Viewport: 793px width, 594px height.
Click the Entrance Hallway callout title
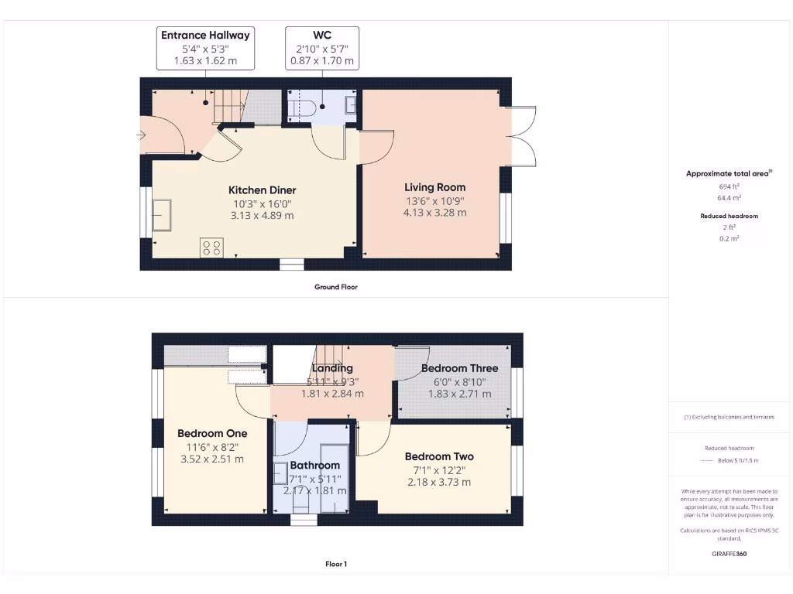[x=205, y=35]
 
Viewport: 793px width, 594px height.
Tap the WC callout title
[x=321, y=35]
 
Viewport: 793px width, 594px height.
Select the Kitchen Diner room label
[x=262, y=190]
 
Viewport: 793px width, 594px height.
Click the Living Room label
[x=434, y=187]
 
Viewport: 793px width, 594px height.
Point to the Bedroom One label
[x=211, y=433]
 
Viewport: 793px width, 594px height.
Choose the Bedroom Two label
[x=438, y=456]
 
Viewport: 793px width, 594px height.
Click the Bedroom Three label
[x=459, y=368]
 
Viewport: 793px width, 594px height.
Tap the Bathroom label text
[x=314, y=465]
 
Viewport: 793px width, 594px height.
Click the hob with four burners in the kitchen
[x=211, y=247]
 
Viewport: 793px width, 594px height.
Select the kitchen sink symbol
[x=163, y=214]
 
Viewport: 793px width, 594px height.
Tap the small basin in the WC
[x=351, y=105]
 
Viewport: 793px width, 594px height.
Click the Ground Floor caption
[x=335, y=287]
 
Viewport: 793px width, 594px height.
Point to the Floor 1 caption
[x=335, y=564]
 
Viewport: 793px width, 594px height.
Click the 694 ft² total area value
[x=730, y=187]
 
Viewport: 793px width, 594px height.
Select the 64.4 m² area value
[x=730, y=198]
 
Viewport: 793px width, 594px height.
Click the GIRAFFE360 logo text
[x=730, y=554]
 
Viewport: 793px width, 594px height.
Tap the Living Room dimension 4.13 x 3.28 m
[x=434, y=213]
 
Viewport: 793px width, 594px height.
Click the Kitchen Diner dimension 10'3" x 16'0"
[x=262, y=203]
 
